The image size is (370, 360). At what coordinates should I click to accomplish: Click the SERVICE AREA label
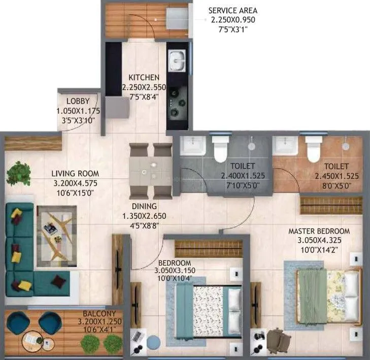pos(233,10)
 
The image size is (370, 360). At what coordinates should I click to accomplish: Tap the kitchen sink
pos(177,60)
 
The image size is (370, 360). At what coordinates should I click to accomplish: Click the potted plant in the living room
pos(17,172)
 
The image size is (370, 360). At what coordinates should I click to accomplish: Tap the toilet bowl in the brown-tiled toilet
pos(313,150)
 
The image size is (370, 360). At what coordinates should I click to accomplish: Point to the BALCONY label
pos(99,313)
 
